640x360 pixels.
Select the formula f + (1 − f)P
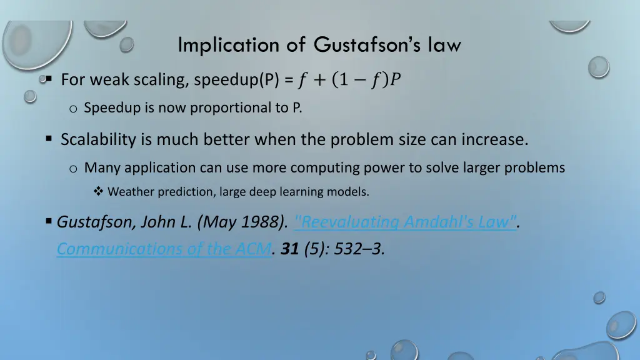click(x=349, y=80)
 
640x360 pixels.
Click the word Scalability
click(x=98, y=139)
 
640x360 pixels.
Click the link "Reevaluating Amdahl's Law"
click(x=405, y=222)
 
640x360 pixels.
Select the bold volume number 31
click(x=289, y=249)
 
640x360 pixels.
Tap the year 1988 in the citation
click(x=266, y=222)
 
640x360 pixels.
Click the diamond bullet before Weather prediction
click(x=98, y=192)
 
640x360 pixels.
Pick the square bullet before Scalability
click(x=48, y=139)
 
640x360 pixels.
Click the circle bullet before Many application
click(x=73, y=168)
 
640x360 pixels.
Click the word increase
click(x=494, y=139)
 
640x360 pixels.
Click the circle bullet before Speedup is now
click(x=73, y=109)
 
